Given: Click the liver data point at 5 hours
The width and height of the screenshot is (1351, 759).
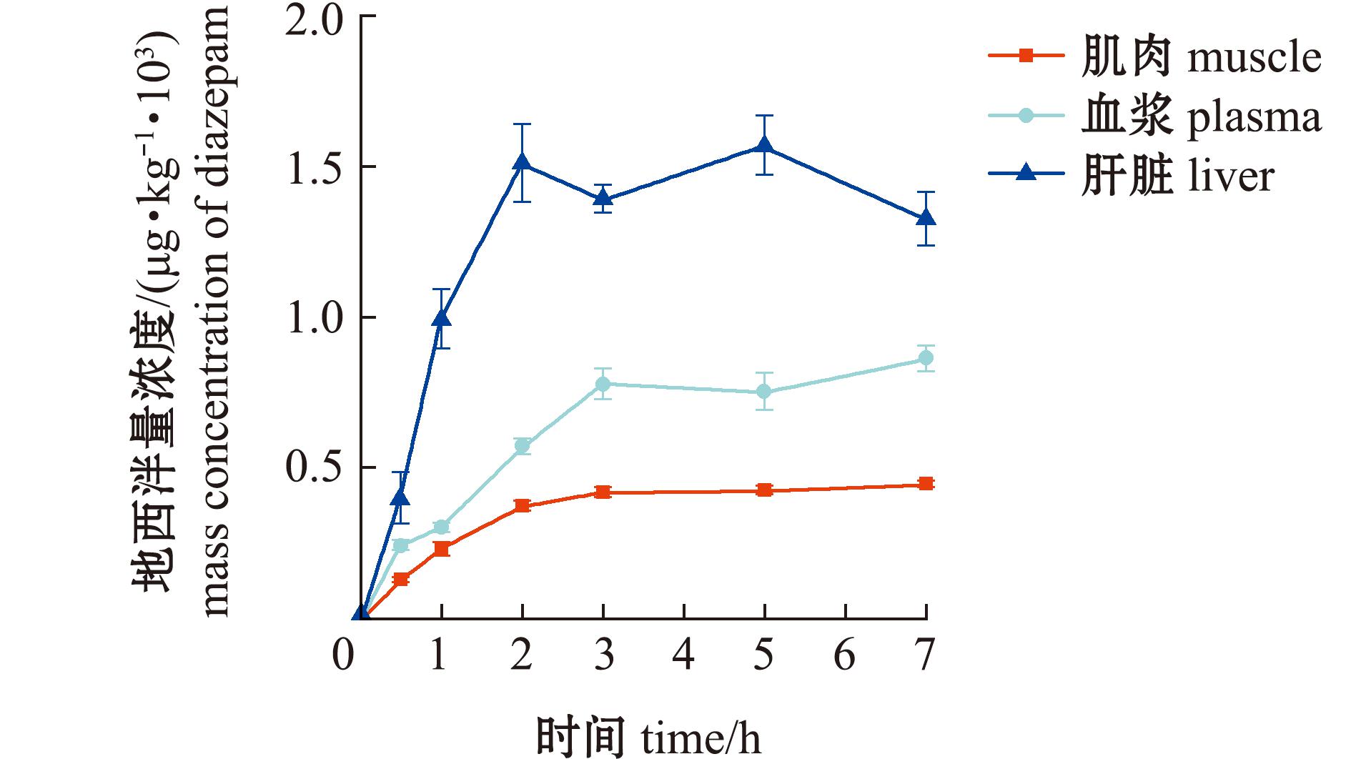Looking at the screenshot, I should click(764, 146).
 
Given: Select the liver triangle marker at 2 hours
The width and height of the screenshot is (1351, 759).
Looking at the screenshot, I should click(523, 163).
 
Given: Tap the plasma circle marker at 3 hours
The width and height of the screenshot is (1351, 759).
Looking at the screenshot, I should click(603, 384).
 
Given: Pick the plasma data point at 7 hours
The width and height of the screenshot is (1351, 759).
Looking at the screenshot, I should click(926, 358).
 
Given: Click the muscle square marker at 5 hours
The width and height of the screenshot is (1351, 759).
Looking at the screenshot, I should click(764, 490).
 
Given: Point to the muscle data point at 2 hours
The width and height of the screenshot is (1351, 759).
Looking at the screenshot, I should click(523, 505).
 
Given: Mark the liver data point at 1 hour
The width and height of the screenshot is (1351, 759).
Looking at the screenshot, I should click(442, 318).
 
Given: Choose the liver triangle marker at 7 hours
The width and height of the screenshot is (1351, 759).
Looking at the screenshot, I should click(926, 218).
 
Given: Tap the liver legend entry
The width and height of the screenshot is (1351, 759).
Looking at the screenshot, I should click(1133, 174).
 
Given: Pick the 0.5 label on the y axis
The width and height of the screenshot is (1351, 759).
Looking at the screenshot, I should click(312, 470).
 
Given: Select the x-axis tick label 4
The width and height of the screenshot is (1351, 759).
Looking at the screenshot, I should click(684, 655).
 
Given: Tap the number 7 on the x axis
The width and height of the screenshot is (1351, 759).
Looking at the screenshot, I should click(926, 655).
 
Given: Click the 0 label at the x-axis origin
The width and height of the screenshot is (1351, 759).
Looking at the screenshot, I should click(343, 655).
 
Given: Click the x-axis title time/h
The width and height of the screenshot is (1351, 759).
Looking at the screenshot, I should click(649, 736).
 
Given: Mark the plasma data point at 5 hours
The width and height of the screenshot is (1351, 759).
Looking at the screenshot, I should click(764, 392).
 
